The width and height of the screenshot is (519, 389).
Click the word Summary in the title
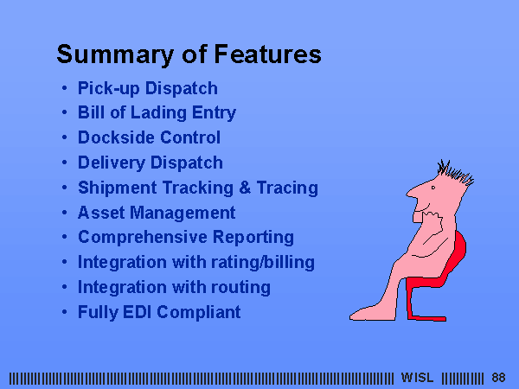pos(115,55)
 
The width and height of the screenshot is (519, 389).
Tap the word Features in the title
pos(268,54)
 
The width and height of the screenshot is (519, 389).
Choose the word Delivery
pos(112,163)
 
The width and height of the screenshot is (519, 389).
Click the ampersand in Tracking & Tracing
pos(245,188)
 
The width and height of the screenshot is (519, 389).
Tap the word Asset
pos(101,213)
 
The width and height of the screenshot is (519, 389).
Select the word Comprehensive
pos(143,237)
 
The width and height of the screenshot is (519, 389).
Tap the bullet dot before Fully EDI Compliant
pos(65,312)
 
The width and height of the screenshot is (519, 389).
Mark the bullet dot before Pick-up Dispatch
pos(65,88)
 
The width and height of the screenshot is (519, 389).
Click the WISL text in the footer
pos(417,378)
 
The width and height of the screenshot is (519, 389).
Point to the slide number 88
pos(498,378)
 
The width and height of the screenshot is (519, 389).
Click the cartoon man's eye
pos(433,188)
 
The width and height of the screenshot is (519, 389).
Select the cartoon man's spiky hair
pos(456,172)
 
